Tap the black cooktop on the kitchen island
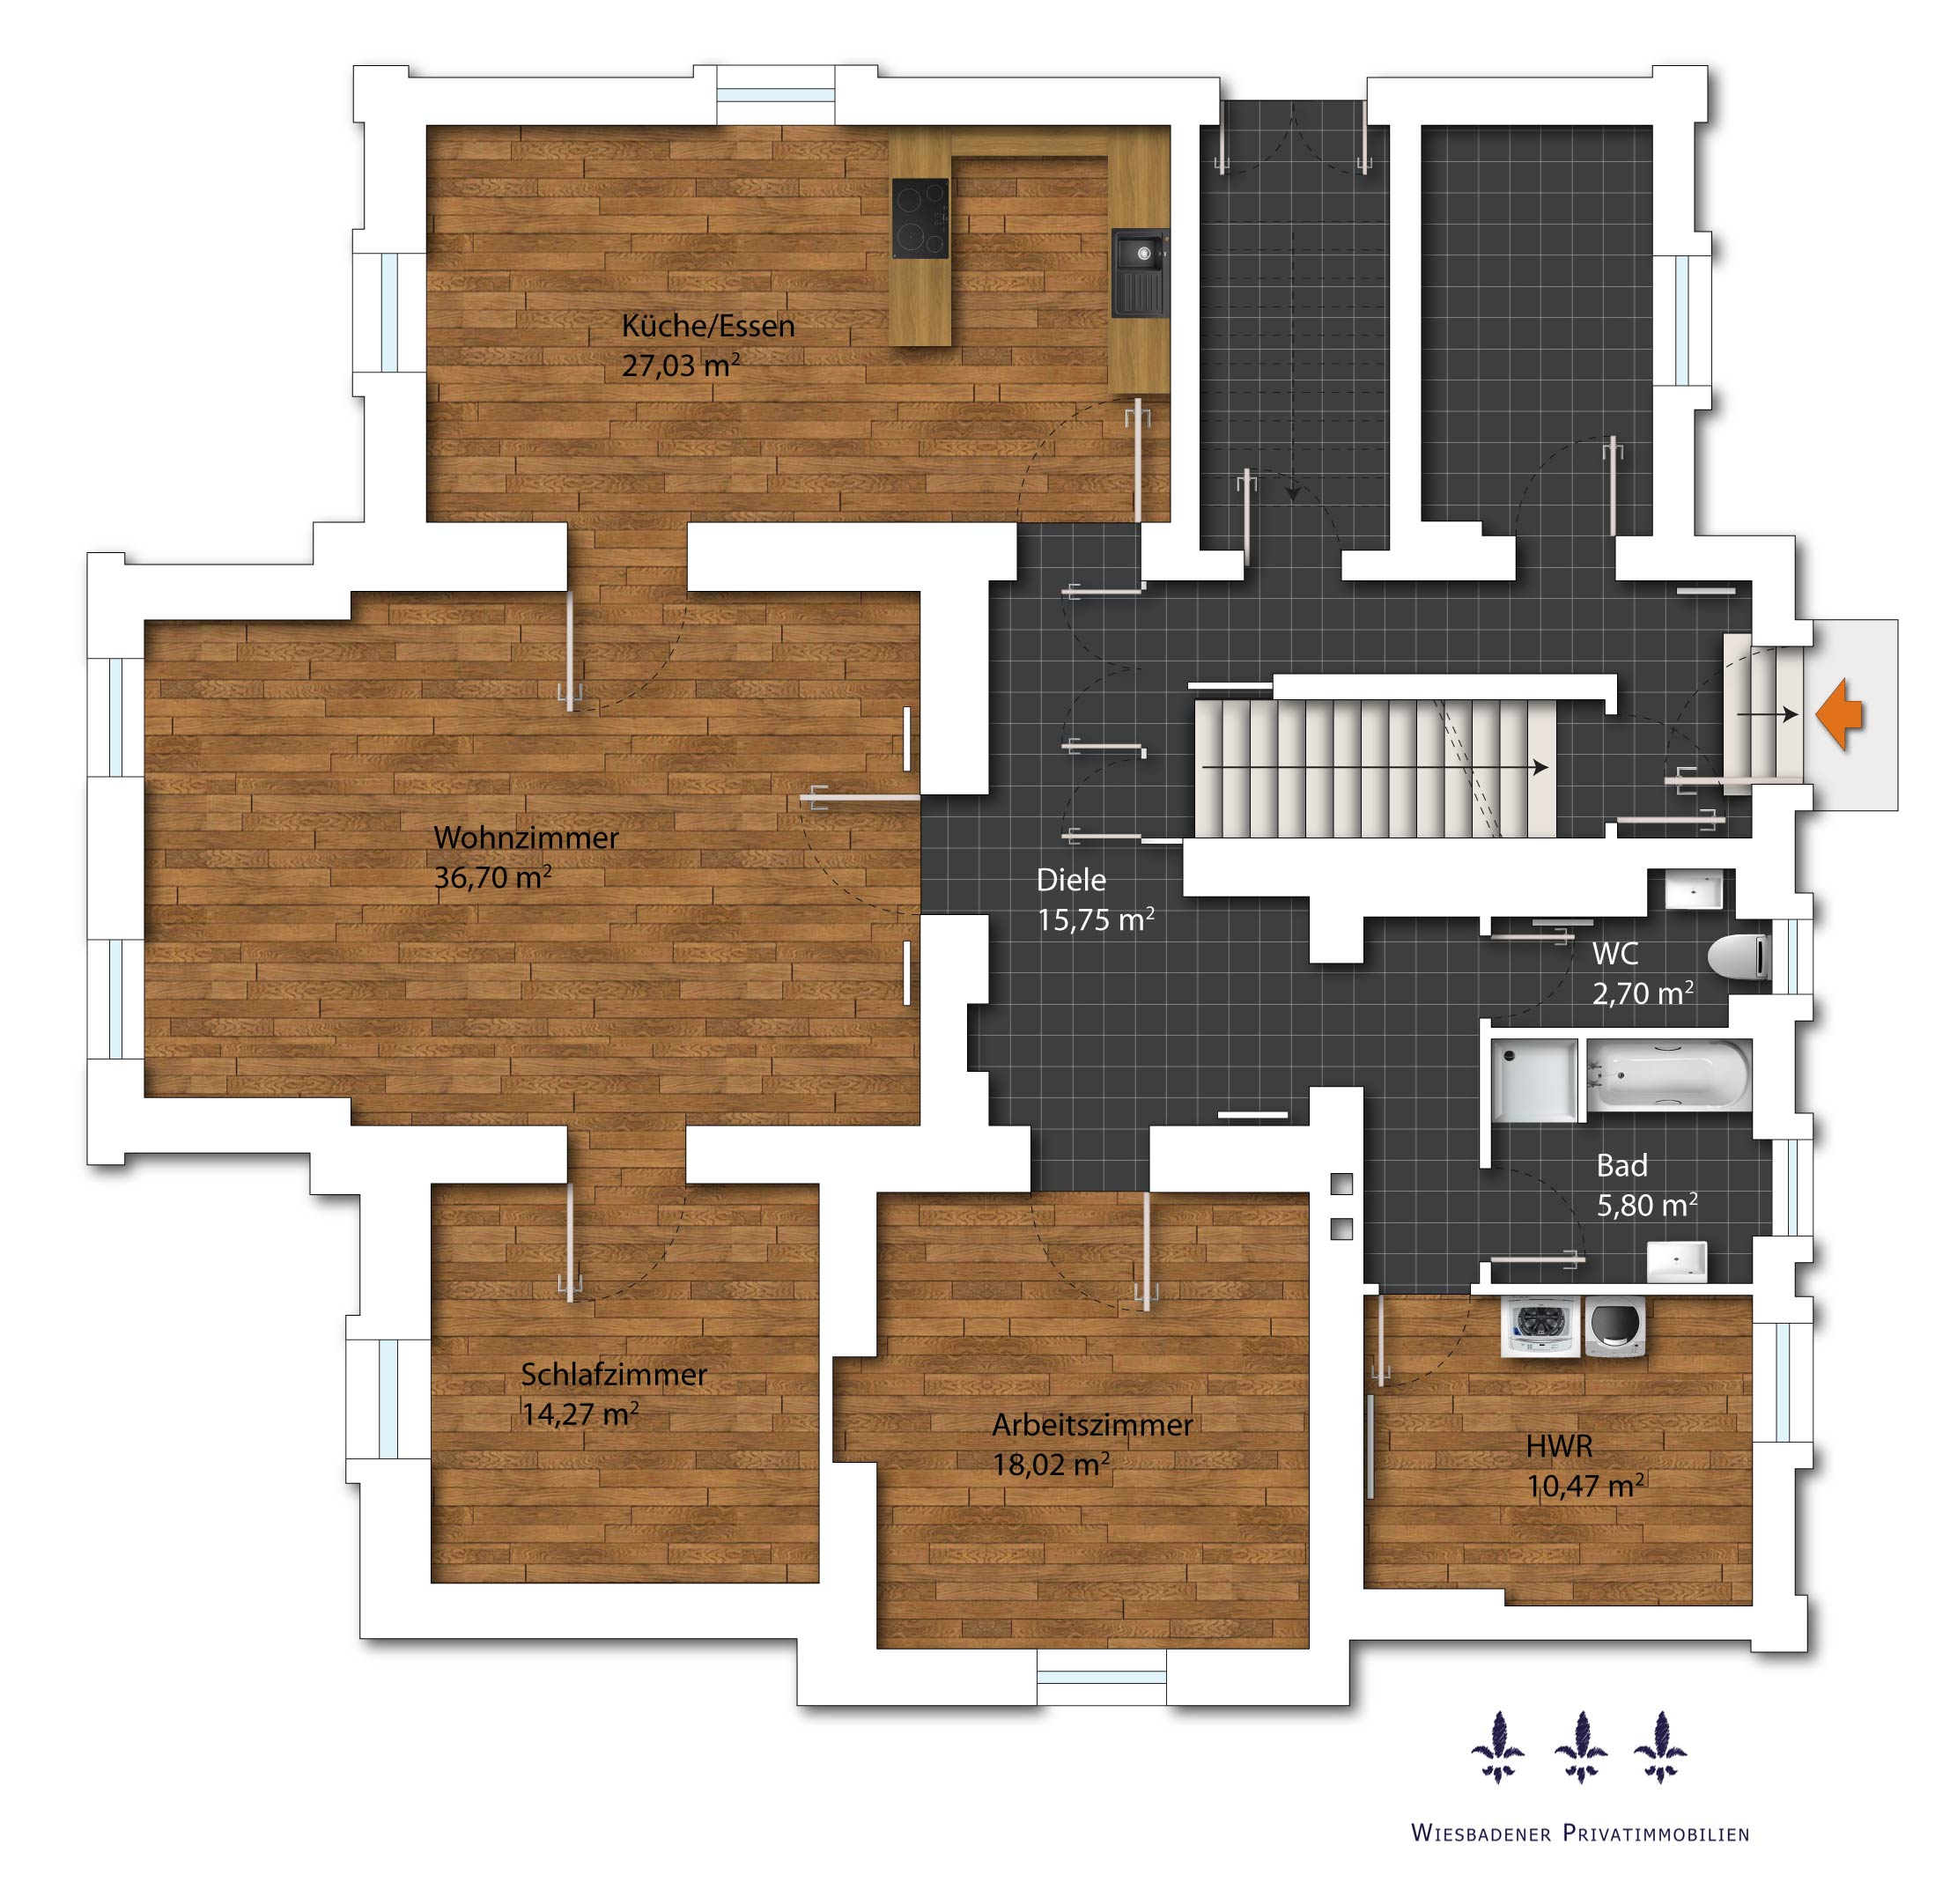(920, 218)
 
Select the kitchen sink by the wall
(1139, 272)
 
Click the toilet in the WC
(1739, 957)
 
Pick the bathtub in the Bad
(1668, 1075)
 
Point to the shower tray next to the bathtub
(1534, 1080)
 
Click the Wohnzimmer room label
(526, 838)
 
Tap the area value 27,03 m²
(681, 365)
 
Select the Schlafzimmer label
(614, 1375)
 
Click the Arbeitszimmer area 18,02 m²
(1050, 1465)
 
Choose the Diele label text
(1071, 880)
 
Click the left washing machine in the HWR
(1540, 1326)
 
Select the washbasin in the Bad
(1676, 1261)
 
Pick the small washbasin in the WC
(1694, 889)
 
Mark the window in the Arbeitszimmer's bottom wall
(1101, 1677)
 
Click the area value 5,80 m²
(1646, 1206)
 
